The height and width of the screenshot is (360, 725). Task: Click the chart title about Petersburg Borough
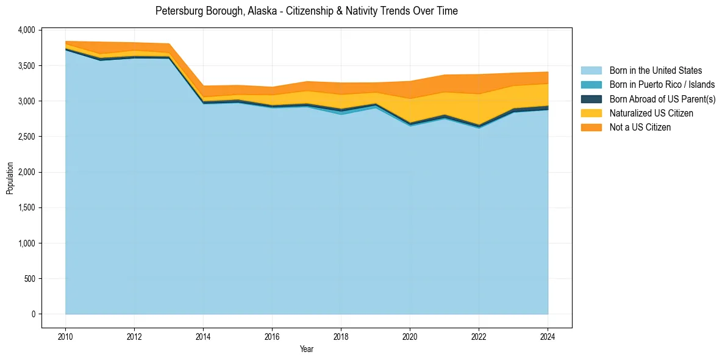click(306, 11)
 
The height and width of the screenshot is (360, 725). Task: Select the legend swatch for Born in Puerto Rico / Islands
click(591, 85)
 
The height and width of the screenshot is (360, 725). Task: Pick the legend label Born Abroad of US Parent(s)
click(662, 99)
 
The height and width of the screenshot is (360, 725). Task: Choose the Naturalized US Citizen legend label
click(651, 113)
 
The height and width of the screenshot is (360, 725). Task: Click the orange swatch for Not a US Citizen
click(591, 127)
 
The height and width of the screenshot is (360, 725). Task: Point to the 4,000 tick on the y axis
click(27, 30)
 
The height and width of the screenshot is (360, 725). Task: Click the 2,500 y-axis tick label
click(27, 137)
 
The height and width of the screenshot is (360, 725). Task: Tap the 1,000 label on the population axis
click(27, 243)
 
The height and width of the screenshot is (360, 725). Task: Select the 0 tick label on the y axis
click(34, 314)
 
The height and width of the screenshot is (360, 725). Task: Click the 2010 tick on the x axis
click(65, 336)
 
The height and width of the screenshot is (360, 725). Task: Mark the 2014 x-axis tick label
click(203, 336)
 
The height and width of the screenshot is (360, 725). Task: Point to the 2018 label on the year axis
click(341, 336)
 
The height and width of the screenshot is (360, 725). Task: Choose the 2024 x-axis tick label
click(548, 336)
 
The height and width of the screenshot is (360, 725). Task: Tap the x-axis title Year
click(307, 349)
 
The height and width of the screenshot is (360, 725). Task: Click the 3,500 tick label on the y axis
click(27, 65)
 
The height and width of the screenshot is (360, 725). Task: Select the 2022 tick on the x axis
click(479, 336)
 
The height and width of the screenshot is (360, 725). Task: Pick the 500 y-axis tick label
click(30, 279)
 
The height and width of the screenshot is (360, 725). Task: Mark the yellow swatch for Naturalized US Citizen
click(591, 113)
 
